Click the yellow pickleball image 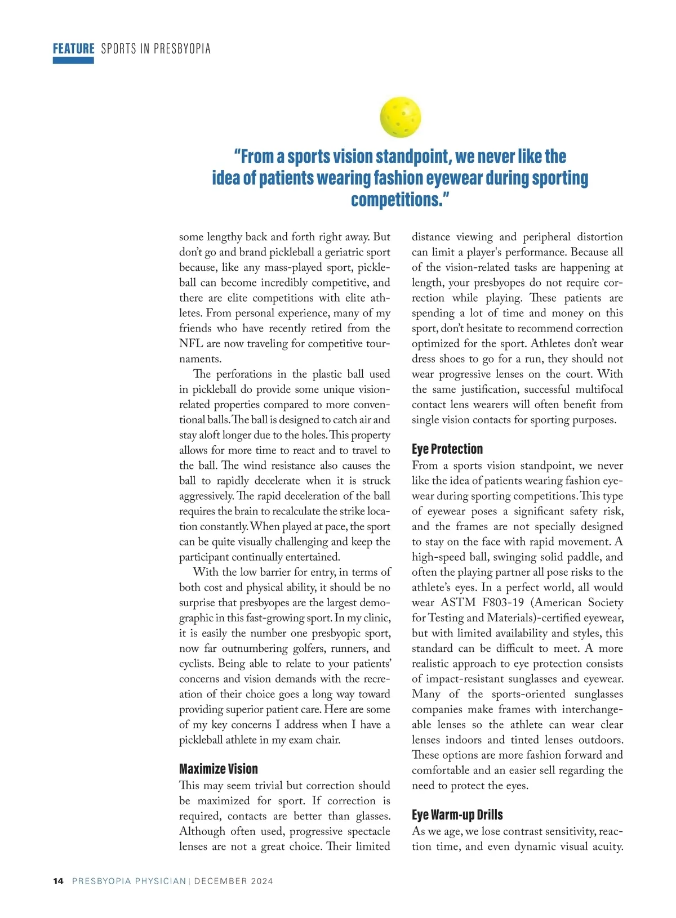401,117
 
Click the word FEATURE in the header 73,49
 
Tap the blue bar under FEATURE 73,60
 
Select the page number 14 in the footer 58,881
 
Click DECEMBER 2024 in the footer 233,881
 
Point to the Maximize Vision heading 218,769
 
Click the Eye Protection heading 447,449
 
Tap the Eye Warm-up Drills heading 457,814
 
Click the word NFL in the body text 191,343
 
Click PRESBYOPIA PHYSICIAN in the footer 129,881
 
